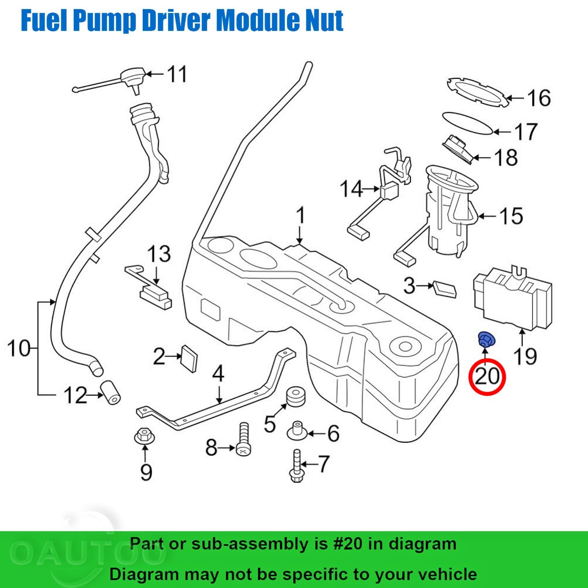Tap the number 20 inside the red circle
point(487,376)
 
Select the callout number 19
point(524,356)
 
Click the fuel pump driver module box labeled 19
point(514,298)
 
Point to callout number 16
point(539,98)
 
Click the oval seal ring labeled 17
point(467,123)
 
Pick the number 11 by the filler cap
point(177,74)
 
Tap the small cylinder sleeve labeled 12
point(111,392)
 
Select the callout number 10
point(19,348)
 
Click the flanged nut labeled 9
point(144,436)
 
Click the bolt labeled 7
point(296,466)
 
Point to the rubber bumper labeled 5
point(295,397)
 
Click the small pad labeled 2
point(189,358)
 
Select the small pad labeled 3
point(445,289)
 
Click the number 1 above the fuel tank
point(300,216)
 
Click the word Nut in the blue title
point(324,20)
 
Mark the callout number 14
point(351,189)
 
